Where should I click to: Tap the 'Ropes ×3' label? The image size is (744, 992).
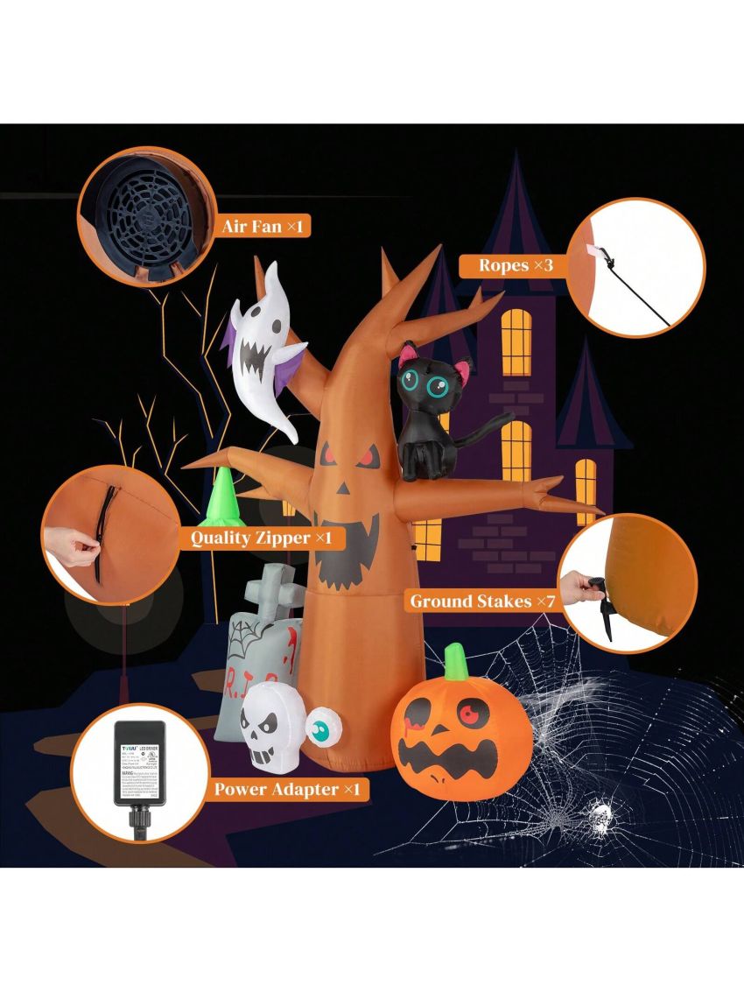[x=516, y=264]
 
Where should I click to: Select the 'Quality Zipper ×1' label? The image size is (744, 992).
[x=261, y=537]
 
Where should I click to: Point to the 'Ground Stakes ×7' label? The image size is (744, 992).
[x=482, y=602]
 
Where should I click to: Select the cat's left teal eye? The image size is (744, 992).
[x=412, y=382]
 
